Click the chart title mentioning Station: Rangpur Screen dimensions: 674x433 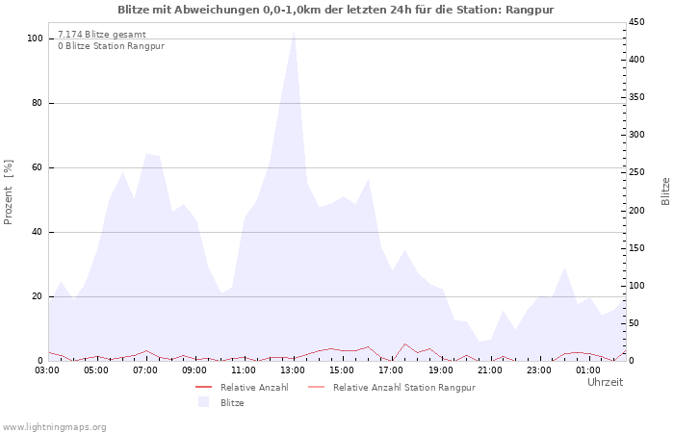click(x=336, y=10)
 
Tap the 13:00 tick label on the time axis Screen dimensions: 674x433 click(x=293, y=370)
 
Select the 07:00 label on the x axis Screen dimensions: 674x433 click(x=145, y=370)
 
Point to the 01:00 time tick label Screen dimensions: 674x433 click(x=588, y=370)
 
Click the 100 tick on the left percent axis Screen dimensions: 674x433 click(x=35, y=38)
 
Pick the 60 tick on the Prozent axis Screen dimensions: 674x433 click(x=37, y=167)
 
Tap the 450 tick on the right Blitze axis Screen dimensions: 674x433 click(x=636, y=22)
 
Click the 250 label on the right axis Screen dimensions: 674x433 click(x=636, y=172)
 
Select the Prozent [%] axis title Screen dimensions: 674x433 click(x=8, y=192)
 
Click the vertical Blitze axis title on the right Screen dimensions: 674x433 click(x=665, y=191)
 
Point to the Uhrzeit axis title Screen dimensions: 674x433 click(x=606, y=382)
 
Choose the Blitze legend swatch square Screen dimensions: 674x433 click(x=203, y=402)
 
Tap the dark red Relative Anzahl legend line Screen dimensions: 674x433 click(x=204, y=388)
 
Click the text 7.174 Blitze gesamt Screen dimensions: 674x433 click(x=102, y=35)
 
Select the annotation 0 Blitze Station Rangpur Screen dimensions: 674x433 click(x=112, y=46)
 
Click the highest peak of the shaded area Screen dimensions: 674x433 click(x=294, y=32)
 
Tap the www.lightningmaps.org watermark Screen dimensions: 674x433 click(x=54, y=427)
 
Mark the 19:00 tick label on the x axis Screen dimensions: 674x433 click(x=441, y=370)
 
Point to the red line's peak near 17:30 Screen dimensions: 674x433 click(x=404, y=344)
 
